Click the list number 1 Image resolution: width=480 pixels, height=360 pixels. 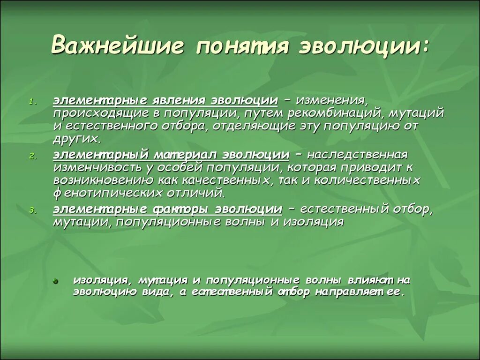tap(32, 101)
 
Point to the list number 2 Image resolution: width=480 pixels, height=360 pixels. tap(32, 157)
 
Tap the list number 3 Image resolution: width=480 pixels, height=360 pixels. tap(32, 211)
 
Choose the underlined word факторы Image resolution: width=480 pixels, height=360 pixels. tap(180, 209)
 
